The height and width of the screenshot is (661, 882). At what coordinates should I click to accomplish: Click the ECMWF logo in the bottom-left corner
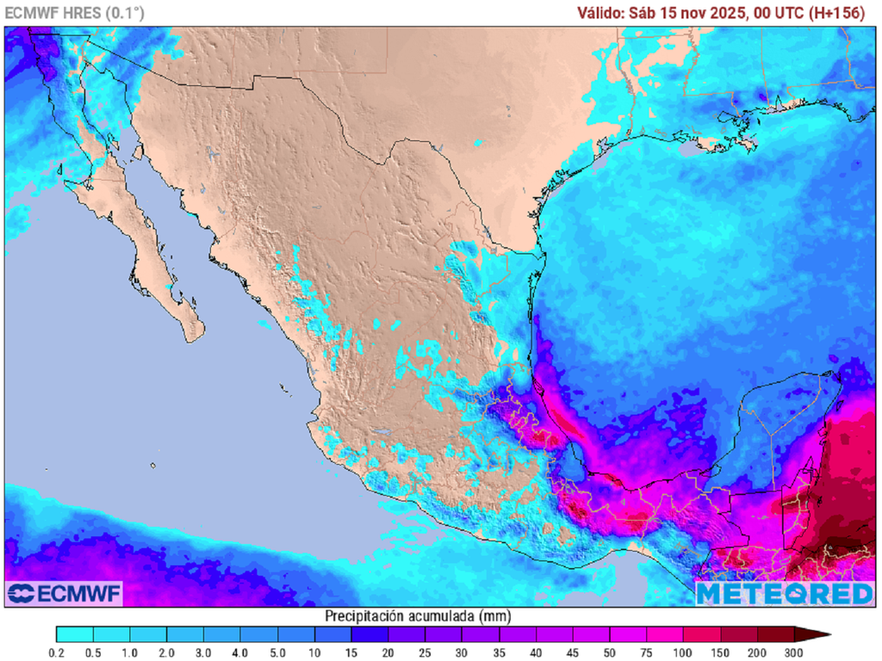click(x=65, y=593)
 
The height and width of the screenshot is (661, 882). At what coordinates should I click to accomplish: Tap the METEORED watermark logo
click(x=784, y=593)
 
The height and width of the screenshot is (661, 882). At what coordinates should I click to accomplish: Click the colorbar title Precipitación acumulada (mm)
click(x=417, y=616)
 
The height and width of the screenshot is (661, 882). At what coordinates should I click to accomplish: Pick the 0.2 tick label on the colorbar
click(x=57, y=654)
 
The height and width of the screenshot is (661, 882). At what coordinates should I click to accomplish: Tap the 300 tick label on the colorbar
click(x=793, y=654)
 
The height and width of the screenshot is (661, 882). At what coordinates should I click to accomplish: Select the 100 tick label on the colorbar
click(x=683, y=654)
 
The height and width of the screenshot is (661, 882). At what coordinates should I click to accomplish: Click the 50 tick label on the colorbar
click(x=609, y=654)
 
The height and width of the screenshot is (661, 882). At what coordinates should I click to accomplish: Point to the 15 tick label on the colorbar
click(x=351, y=654)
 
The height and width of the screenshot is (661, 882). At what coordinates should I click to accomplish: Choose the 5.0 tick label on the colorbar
click(x=277, y=654)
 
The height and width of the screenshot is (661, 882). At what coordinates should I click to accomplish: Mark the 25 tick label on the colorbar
click(x=425, y=654)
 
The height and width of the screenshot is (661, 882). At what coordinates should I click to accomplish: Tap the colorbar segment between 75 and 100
click(x=664, y=635)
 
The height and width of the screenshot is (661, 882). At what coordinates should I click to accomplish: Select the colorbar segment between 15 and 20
click(x=370, y=635)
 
